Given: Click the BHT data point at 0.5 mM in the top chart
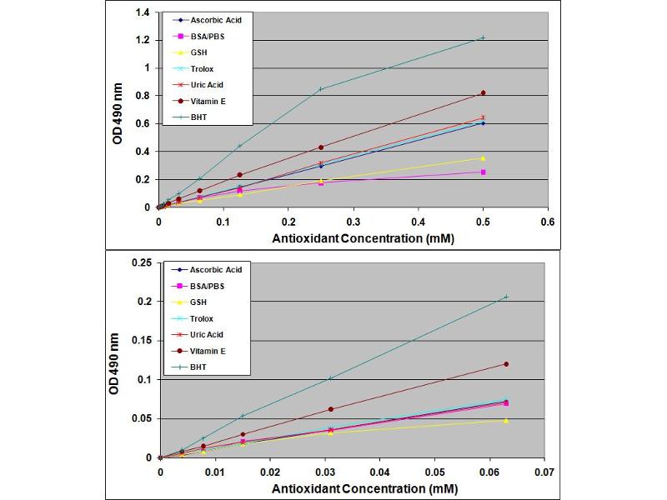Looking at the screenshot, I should (x=483, y=37).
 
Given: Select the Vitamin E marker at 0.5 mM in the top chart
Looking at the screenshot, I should (x=483, y=92).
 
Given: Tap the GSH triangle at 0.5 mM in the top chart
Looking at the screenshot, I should (x=483, y=157).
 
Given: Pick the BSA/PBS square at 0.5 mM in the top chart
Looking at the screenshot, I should (x=483, y=172).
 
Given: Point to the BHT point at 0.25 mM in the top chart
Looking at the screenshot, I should (x=321, y=89).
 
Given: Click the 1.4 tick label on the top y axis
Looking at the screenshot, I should (x=143, y=12).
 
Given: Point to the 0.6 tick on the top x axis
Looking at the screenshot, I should (x=548, y=222).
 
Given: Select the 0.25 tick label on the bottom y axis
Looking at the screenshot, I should (x=141, y=262).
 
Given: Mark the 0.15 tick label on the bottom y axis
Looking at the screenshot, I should (x=141, y=340).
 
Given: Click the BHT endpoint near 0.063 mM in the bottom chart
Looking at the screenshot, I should (x=505, y=297).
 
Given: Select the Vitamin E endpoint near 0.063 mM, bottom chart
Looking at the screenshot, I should (x=505, y=364).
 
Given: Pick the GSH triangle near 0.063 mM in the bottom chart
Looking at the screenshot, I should (x=505, y=420).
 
